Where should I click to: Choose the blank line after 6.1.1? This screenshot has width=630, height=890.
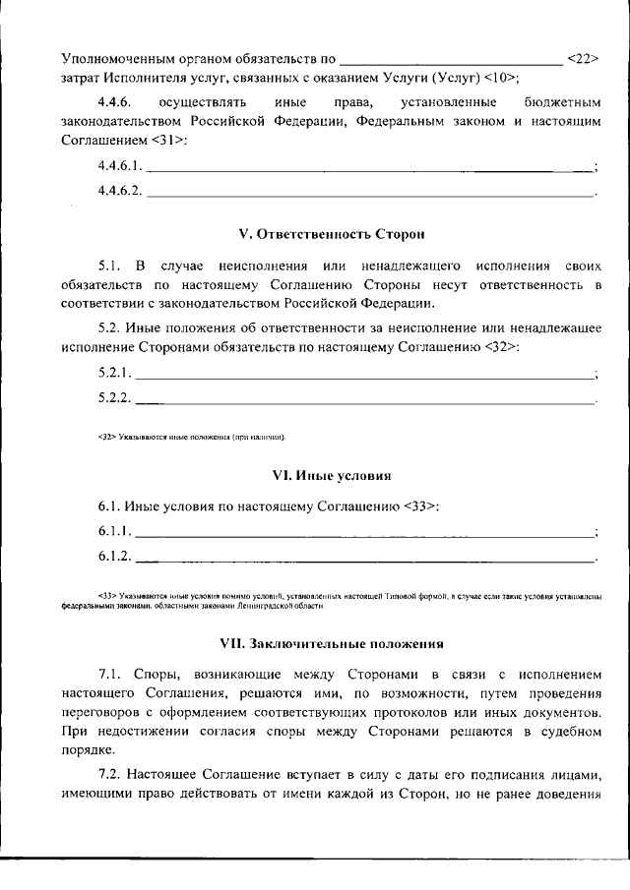point(364,534)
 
